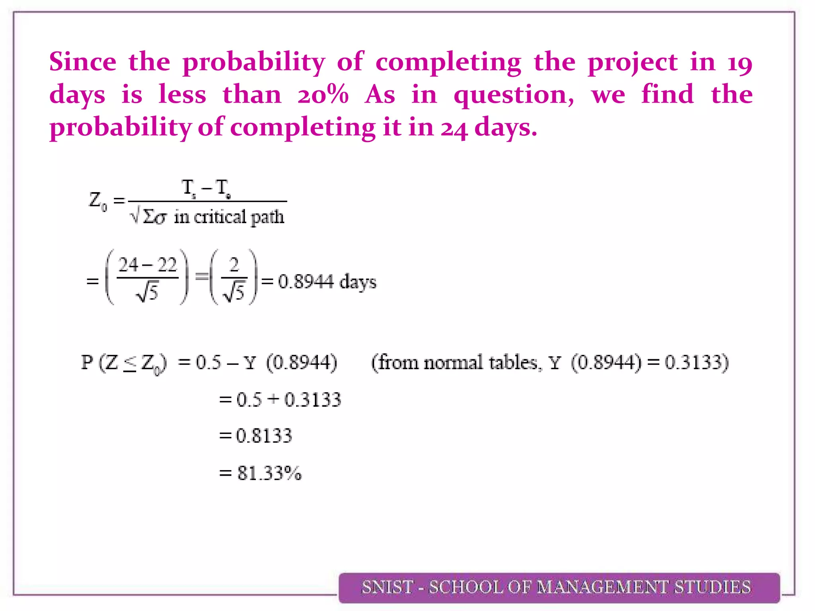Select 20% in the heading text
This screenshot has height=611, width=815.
[323, 95]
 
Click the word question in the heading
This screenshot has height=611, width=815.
[513, 96]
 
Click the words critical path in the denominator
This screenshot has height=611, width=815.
[239, 217]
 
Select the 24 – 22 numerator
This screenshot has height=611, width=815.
[147, 265]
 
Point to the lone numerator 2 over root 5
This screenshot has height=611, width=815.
[234, 265]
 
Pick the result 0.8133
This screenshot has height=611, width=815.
[264, 436]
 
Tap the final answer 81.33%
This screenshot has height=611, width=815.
[269, 473]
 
